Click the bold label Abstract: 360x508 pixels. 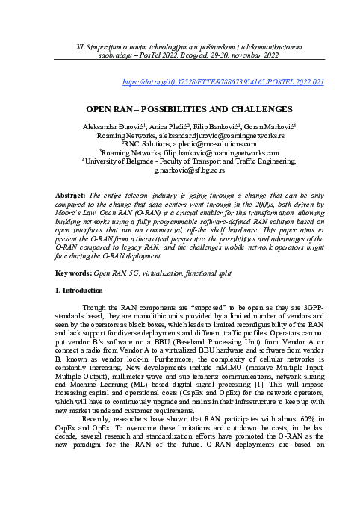click(x=72, y=195)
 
